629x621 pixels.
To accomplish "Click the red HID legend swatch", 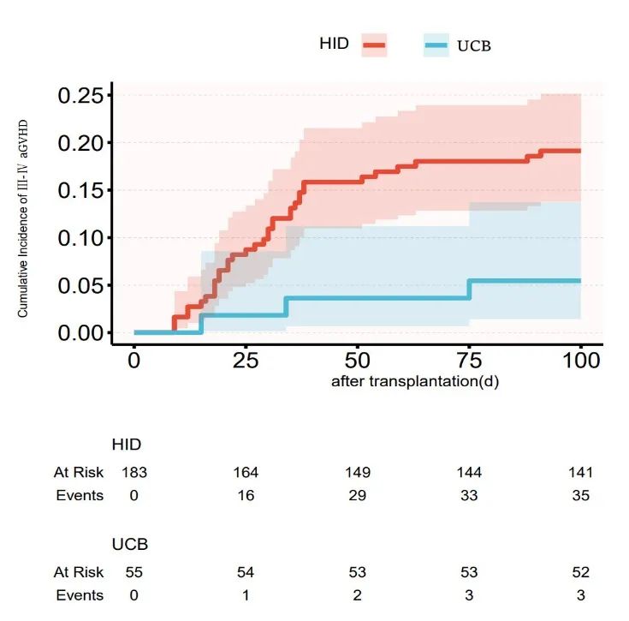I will [374, 45].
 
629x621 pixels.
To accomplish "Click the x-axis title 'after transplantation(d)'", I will [415, 381].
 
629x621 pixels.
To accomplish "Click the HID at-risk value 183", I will [134, 472].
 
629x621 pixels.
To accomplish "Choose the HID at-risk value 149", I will [358, 472].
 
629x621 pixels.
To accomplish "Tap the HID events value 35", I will [579, 495].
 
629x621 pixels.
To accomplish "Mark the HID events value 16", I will [246, 495].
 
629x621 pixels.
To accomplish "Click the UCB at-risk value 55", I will [134, 572].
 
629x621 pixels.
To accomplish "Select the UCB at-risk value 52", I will [579, 572].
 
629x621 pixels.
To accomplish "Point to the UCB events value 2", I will [358, 595].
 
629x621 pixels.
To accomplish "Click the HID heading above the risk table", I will [127, 445].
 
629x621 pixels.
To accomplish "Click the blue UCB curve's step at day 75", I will [469, 289].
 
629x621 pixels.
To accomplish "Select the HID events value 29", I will [358, 495].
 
